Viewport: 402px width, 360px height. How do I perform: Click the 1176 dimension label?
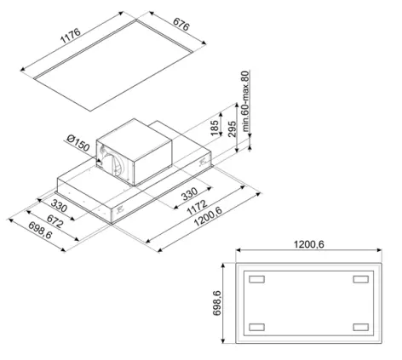pos(71,36)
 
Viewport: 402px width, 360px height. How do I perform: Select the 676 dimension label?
pos(181,25)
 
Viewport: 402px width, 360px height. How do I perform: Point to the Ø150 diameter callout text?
pos(78,143)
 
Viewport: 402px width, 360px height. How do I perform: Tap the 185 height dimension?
pos(215,128)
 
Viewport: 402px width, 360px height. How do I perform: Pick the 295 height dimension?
pos(232,129)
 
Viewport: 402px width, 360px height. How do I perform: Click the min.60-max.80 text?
pos(245,101)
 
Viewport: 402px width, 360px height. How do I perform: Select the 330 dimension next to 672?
pos(59,205)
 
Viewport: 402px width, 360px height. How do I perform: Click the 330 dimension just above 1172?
pos(189,193)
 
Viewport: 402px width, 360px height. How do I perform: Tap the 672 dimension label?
pos(55,221)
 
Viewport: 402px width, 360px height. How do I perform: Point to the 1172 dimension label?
pos(197,208)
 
